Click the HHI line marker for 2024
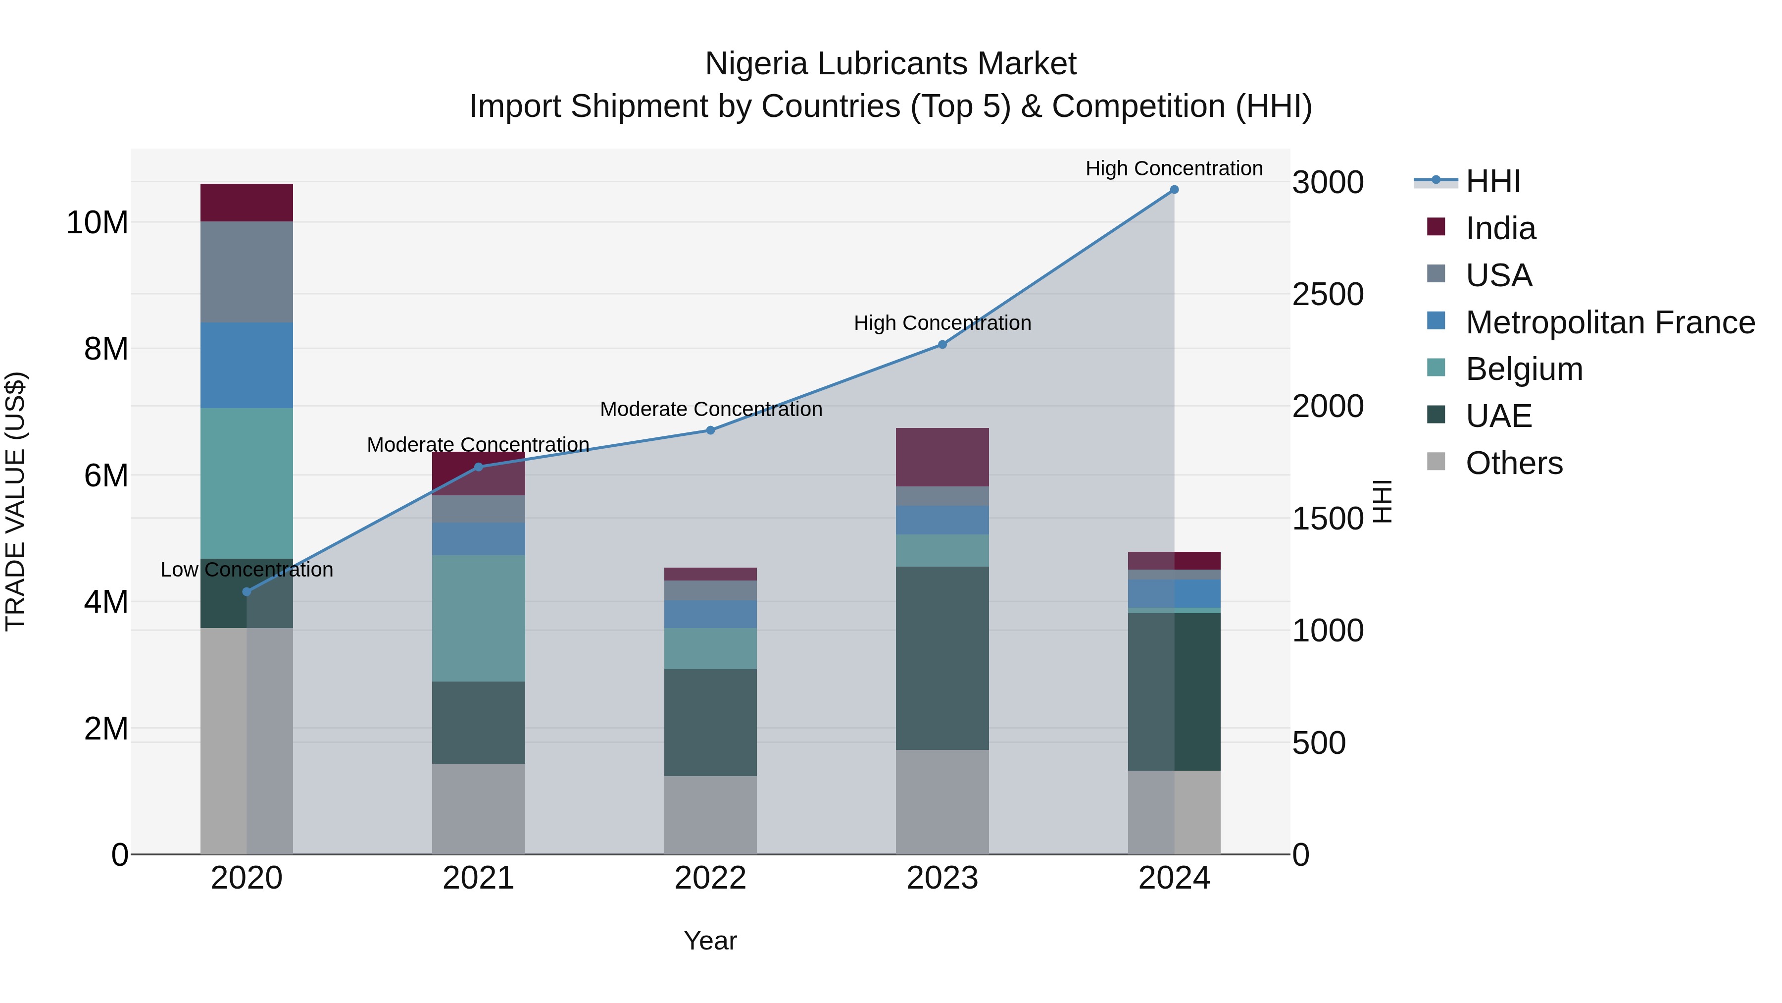pyautogui.click(x=1174, y=190)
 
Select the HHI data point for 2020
pyautogui.click(x=247, y=592)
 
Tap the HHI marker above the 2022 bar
pyautogui.click(x=710, y=430)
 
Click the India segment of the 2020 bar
pyautogui.click(x=247, y=203)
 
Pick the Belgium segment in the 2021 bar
pyautogui.click(x=478, y=618)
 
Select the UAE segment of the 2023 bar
pyautogui.click(x=941, y=658)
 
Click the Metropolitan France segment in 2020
pyautogui.click(x=247, y=366)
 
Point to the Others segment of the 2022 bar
pyautogui.click(x=710, y=815)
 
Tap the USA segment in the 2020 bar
pyautogui.click(x=247, y=272)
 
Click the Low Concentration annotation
pyautogui.click(x=247, y=570)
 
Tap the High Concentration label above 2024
pyautogui.click(x=1174, y=168)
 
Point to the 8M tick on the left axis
pyautogui.click(x=106, y=349)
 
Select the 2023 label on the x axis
pyautogui.click(x=941, y=878)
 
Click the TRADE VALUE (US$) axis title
pyautogui.click(x=15, y=501)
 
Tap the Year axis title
pyautogui.click(x=710, y=941)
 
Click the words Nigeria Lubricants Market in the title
pyautogui.click(x=891, y=64)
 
